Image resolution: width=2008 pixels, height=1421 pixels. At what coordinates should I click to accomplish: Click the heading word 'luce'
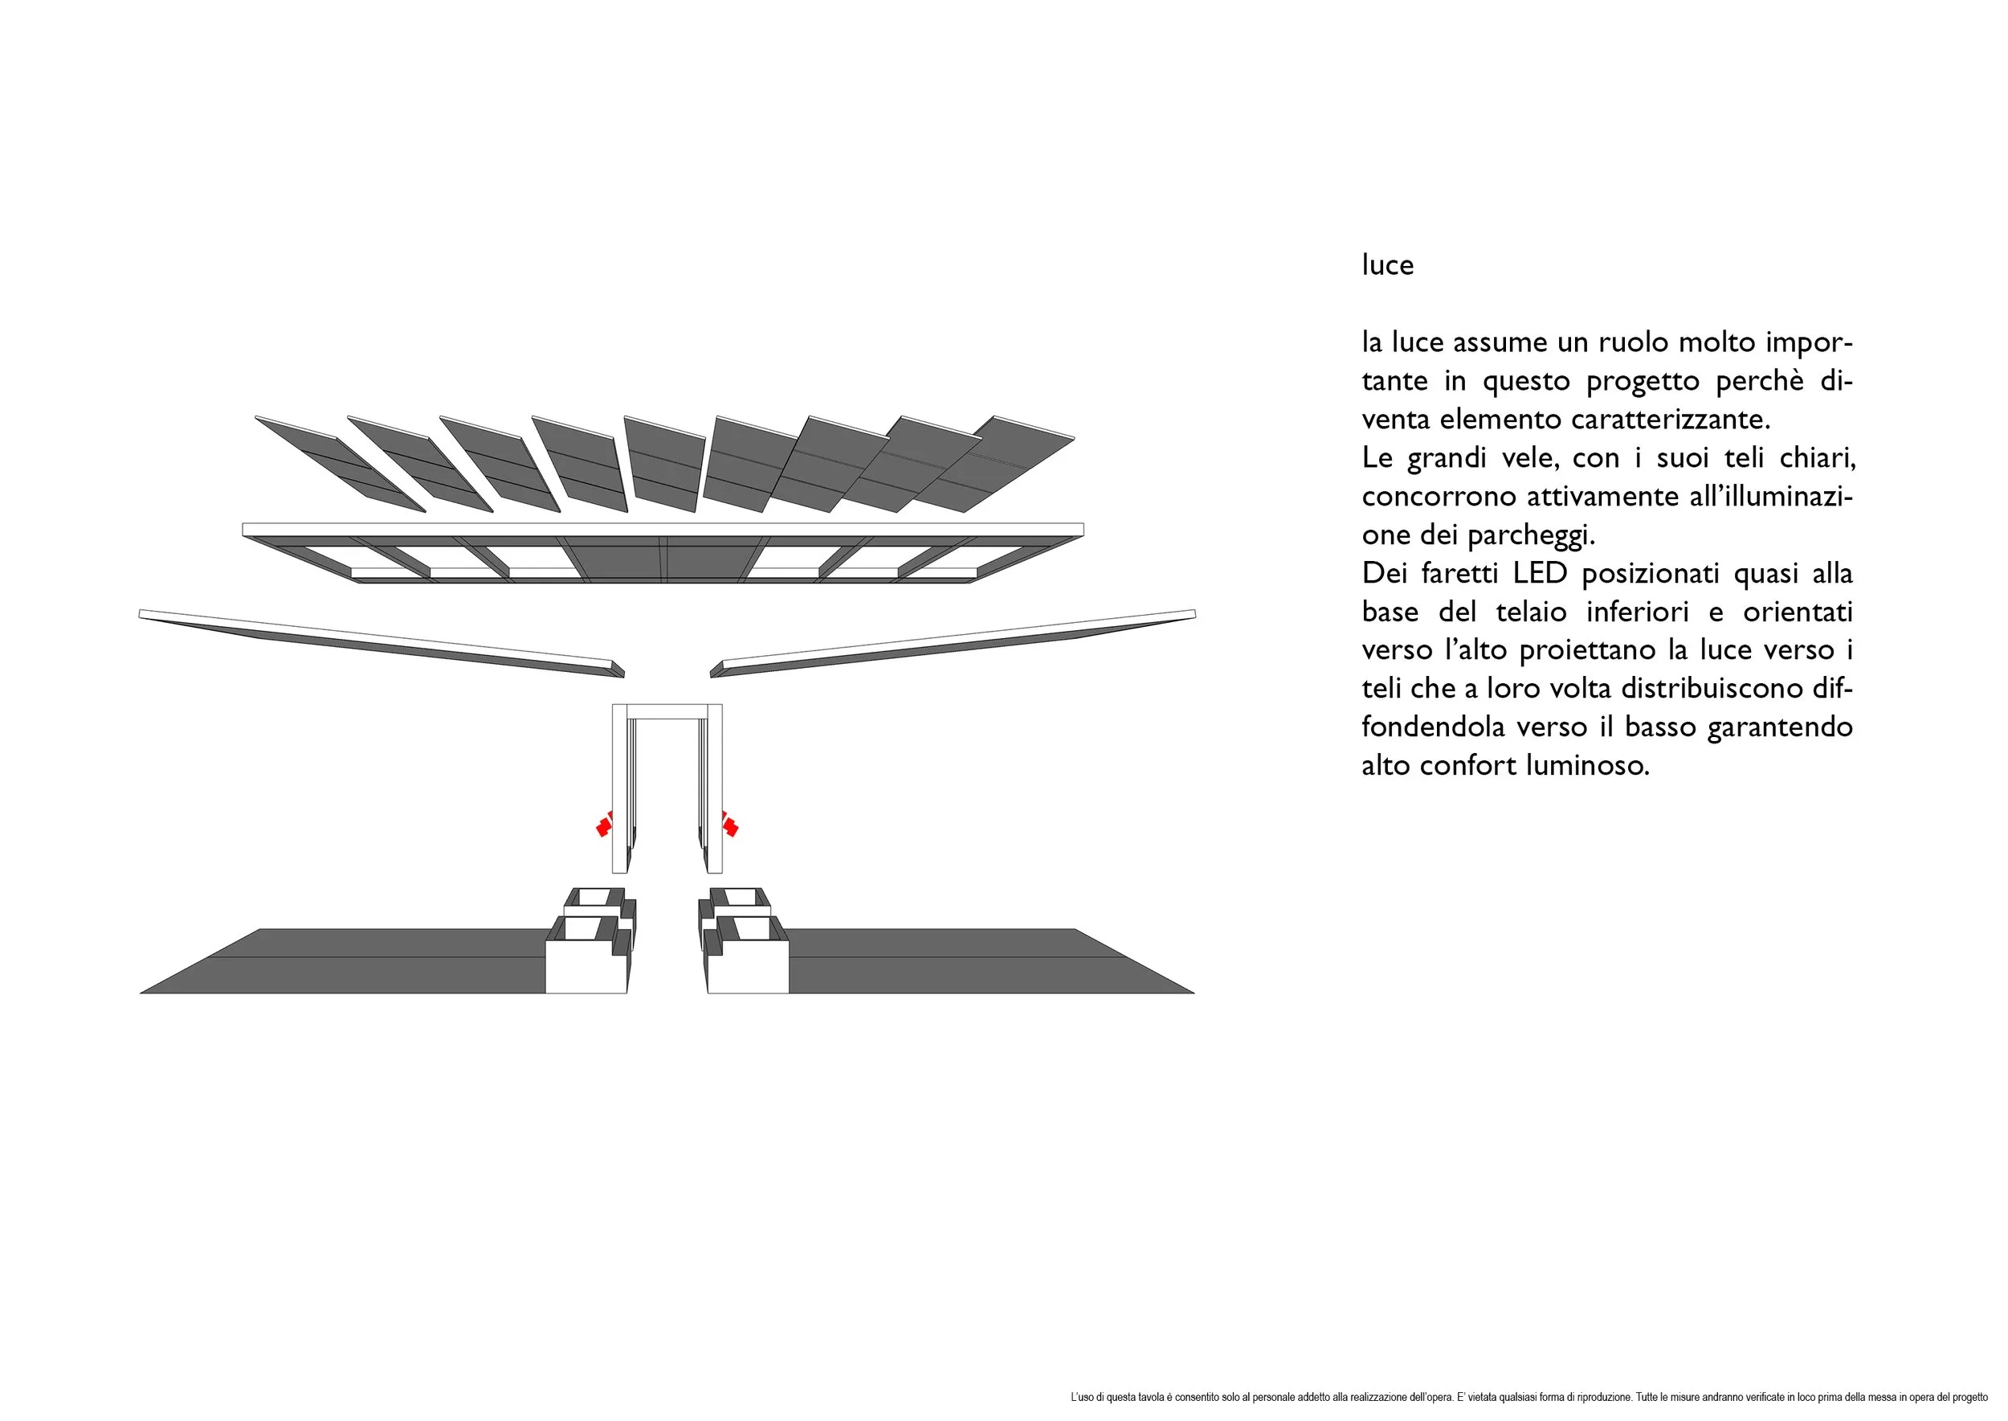click(x=1387, y=264)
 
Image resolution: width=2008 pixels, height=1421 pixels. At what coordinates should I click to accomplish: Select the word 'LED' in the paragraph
click(x=1540, y=573)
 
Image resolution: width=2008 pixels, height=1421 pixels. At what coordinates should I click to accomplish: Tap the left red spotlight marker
click(x=603, y=825)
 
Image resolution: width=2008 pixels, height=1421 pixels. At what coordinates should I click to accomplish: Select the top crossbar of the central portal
click(x=667, y=710)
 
